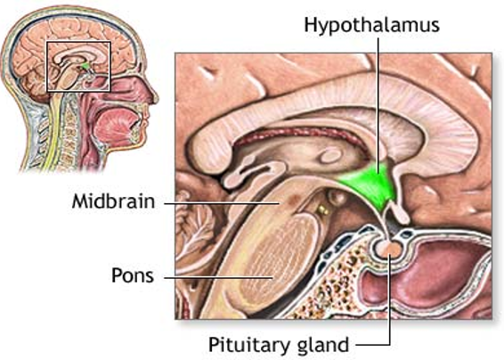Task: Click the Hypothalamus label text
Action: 371,25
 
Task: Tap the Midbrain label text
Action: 113,201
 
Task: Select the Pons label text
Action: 133,275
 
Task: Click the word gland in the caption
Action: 321,345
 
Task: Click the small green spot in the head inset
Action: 85,66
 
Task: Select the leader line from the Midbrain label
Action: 222,203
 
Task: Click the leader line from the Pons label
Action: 218,276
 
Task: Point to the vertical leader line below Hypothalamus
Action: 378,104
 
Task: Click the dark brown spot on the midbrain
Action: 293,200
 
